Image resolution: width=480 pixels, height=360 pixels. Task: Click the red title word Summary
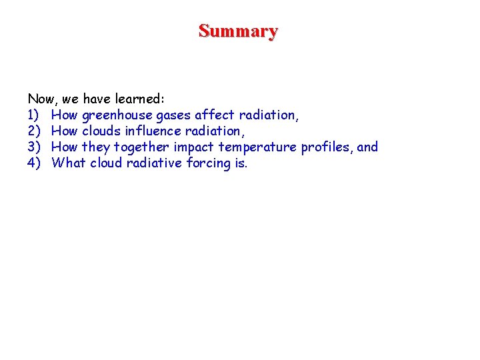pos(238,31)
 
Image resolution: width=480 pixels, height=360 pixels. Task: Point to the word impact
pos(193,147)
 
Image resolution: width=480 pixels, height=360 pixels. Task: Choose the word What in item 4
pos(69,163)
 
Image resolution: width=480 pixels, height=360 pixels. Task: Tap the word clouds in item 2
pos(101,131)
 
